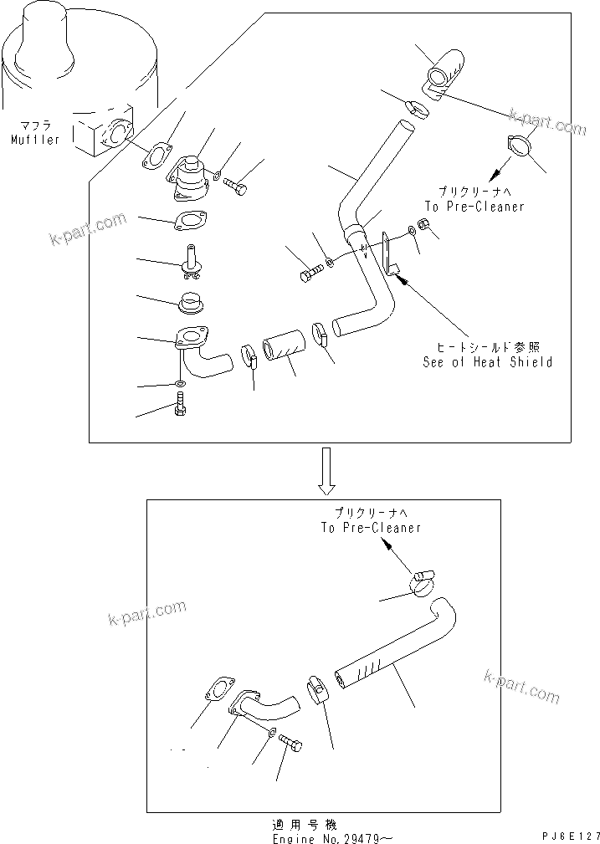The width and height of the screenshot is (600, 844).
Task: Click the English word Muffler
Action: [x=35, y=140]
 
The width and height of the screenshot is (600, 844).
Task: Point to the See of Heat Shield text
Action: [x=488, y=362]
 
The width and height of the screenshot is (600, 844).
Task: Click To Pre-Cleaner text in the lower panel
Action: [x=370, y=528]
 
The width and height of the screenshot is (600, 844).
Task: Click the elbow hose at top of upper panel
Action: [x=441, y=73]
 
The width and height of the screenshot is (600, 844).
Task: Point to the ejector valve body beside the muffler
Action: [x=190, y=179]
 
